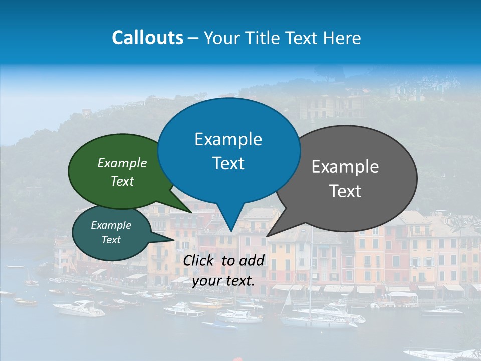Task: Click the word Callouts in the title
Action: tap(147, 38)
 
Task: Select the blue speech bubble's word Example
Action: tap(228, 139)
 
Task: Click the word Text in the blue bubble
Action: tap(228, 163)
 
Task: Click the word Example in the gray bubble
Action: tap(345, 167)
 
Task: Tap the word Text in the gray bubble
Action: tap(345, 191)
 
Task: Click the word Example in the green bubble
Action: tap(122, 163)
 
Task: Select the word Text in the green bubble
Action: tap(122, 181)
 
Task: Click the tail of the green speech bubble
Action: tap(188, 210)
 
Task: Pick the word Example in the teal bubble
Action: tap(111, 225)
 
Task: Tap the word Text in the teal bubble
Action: tap(111, 240)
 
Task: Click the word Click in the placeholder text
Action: tap(199, 260)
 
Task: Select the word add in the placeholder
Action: tap(253, 260)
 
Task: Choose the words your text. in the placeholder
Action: tap(223, 280)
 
